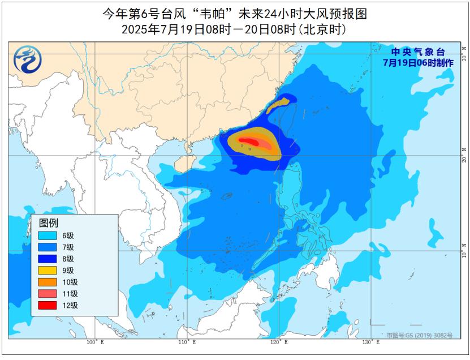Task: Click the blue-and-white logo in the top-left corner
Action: pos(25,59)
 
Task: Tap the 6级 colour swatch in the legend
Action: pos(48,235)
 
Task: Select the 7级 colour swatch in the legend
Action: pos(48,247)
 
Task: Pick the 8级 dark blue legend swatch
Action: pos(48,258)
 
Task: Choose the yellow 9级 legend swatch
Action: pos(48,270)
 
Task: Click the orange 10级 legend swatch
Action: pos(48,282)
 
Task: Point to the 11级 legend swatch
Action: pos(48,293)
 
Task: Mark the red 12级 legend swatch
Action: pos(48,305)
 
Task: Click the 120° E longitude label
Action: pos(277,342)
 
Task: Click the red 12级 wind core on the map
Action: pos(248,141)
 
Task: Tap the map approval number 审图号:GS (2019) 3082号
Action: pos(420,336)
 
